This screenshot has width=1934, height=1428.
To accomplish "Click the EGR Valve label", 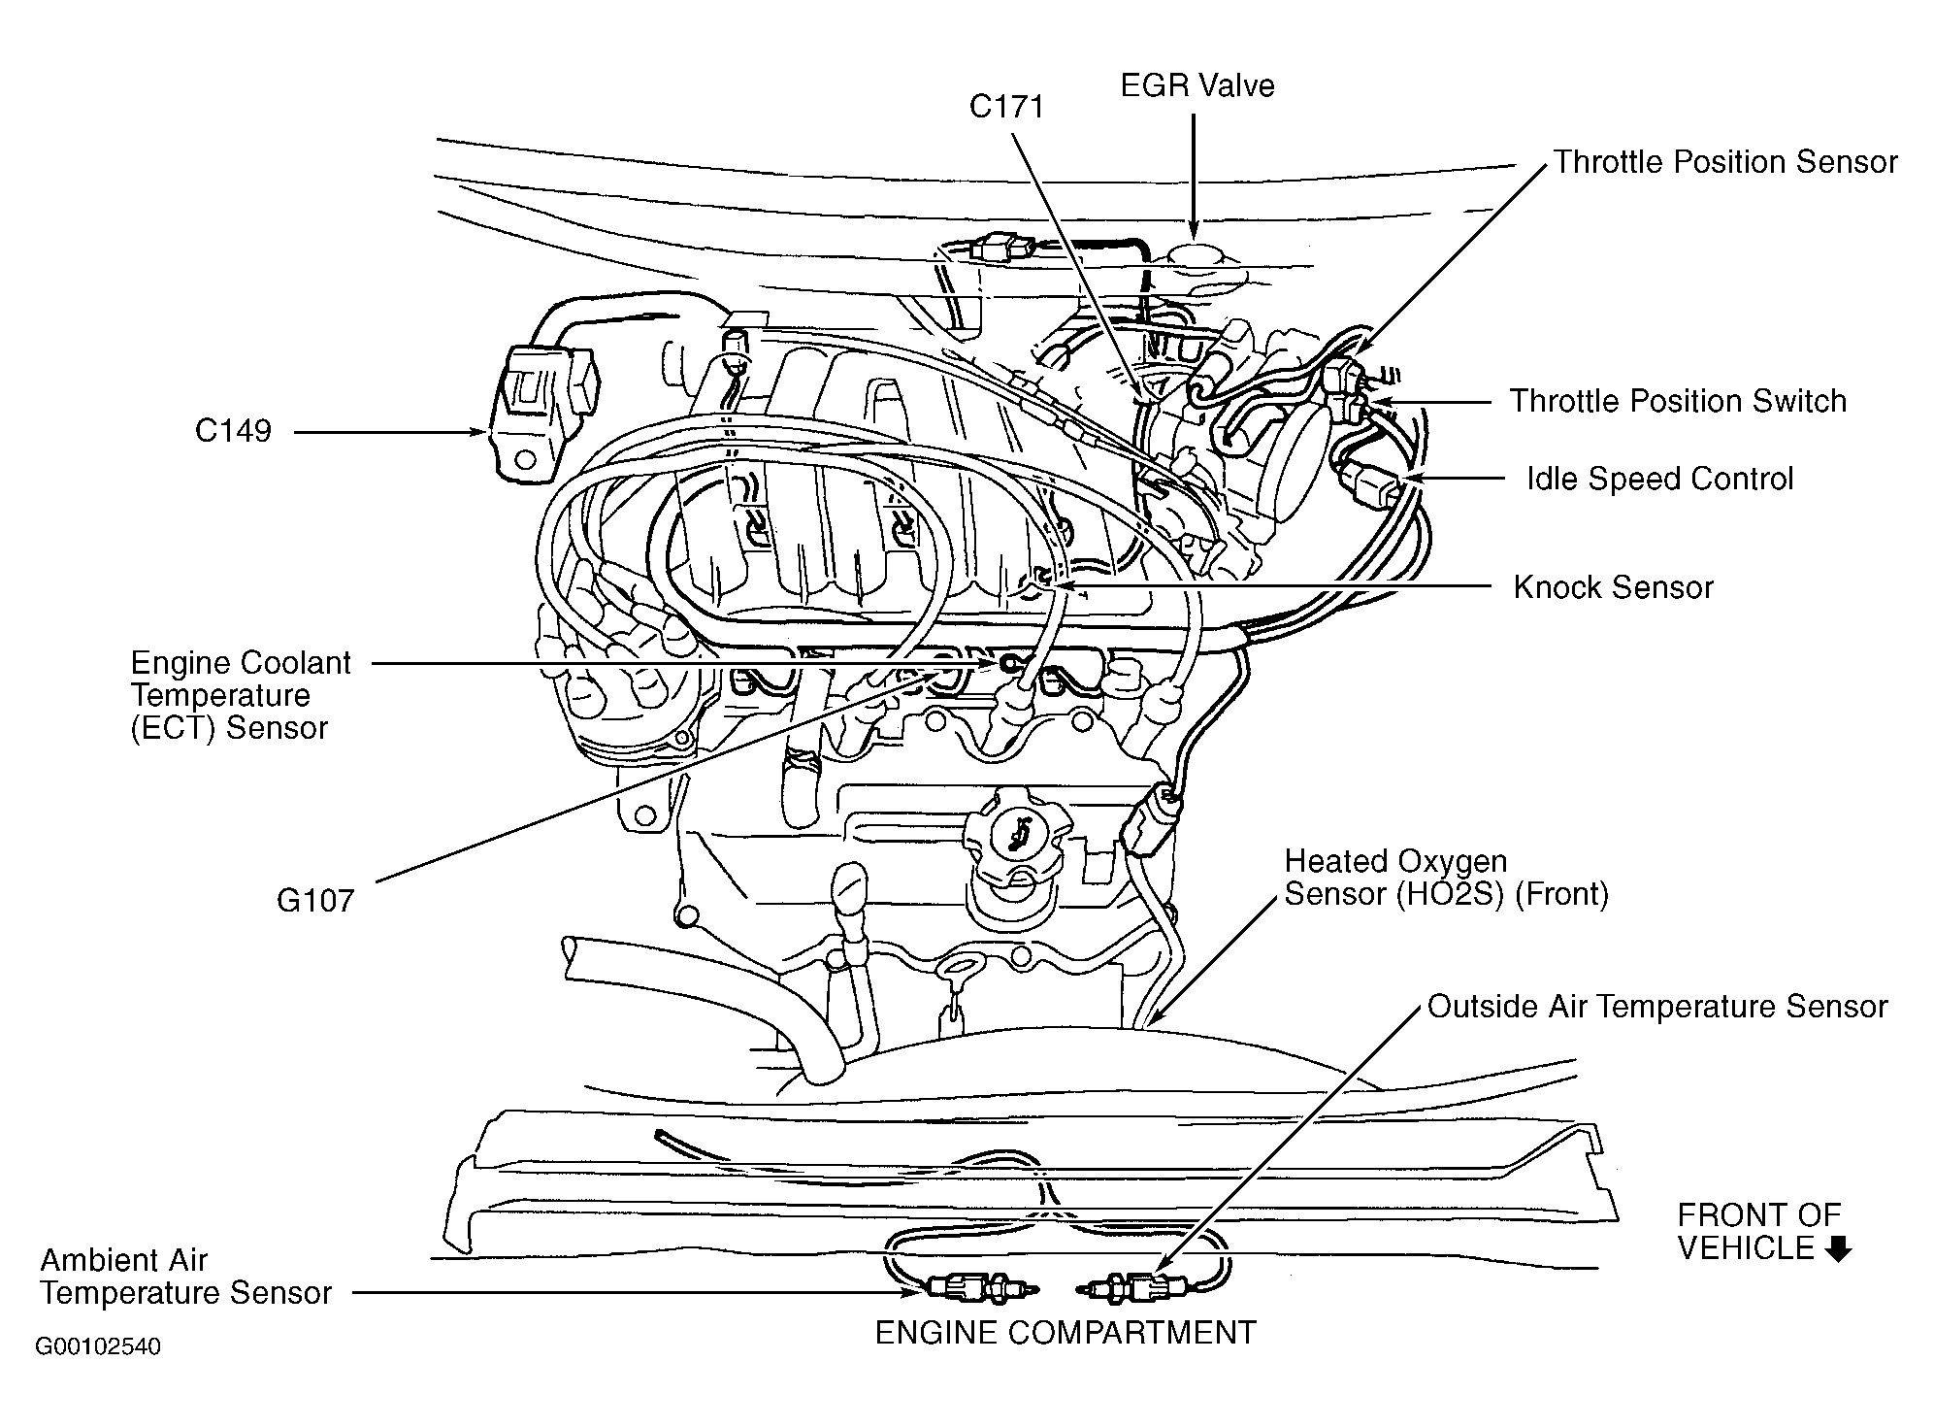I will [1196, 85].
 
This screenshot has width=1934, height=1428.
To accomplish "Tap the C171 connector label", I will [1006, 106].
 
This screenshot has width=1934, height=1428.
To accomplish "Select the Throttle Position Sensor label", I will [1724, 162].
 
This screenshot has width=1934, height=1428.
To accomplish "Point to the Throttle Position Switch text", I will [1677, 401].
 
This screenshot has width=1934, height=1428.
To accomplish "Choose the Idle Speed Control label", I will [1659, 479].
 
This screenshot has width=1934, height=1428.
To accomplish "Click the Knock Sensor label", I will [1613, 587].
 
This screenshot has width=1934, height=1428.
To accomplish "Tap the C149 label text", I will [233, 431].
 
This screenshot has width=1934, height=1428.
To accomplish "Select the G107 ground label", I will [315, 901].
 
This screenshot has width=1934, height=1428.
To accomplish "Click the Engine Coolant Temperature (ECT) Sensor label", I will [240, 695].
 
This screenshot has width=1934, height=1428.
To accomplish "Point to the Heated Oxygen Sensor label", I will [1446, 878].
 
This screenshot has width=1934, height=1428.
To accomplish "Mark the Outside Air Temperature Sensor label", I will [1656, 1007].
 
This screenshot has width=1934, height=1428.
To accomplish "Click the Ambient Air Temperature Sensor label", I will [185, 1277].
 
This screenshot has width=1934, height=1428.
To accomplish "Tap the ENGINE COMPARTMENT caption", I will [1065, 1333].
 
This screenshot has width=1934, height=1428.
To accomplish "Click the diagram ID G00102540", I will [98, 1347].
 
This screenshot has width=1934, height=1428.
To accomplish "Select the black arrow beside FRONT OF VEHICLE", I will [1837, 1249].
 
